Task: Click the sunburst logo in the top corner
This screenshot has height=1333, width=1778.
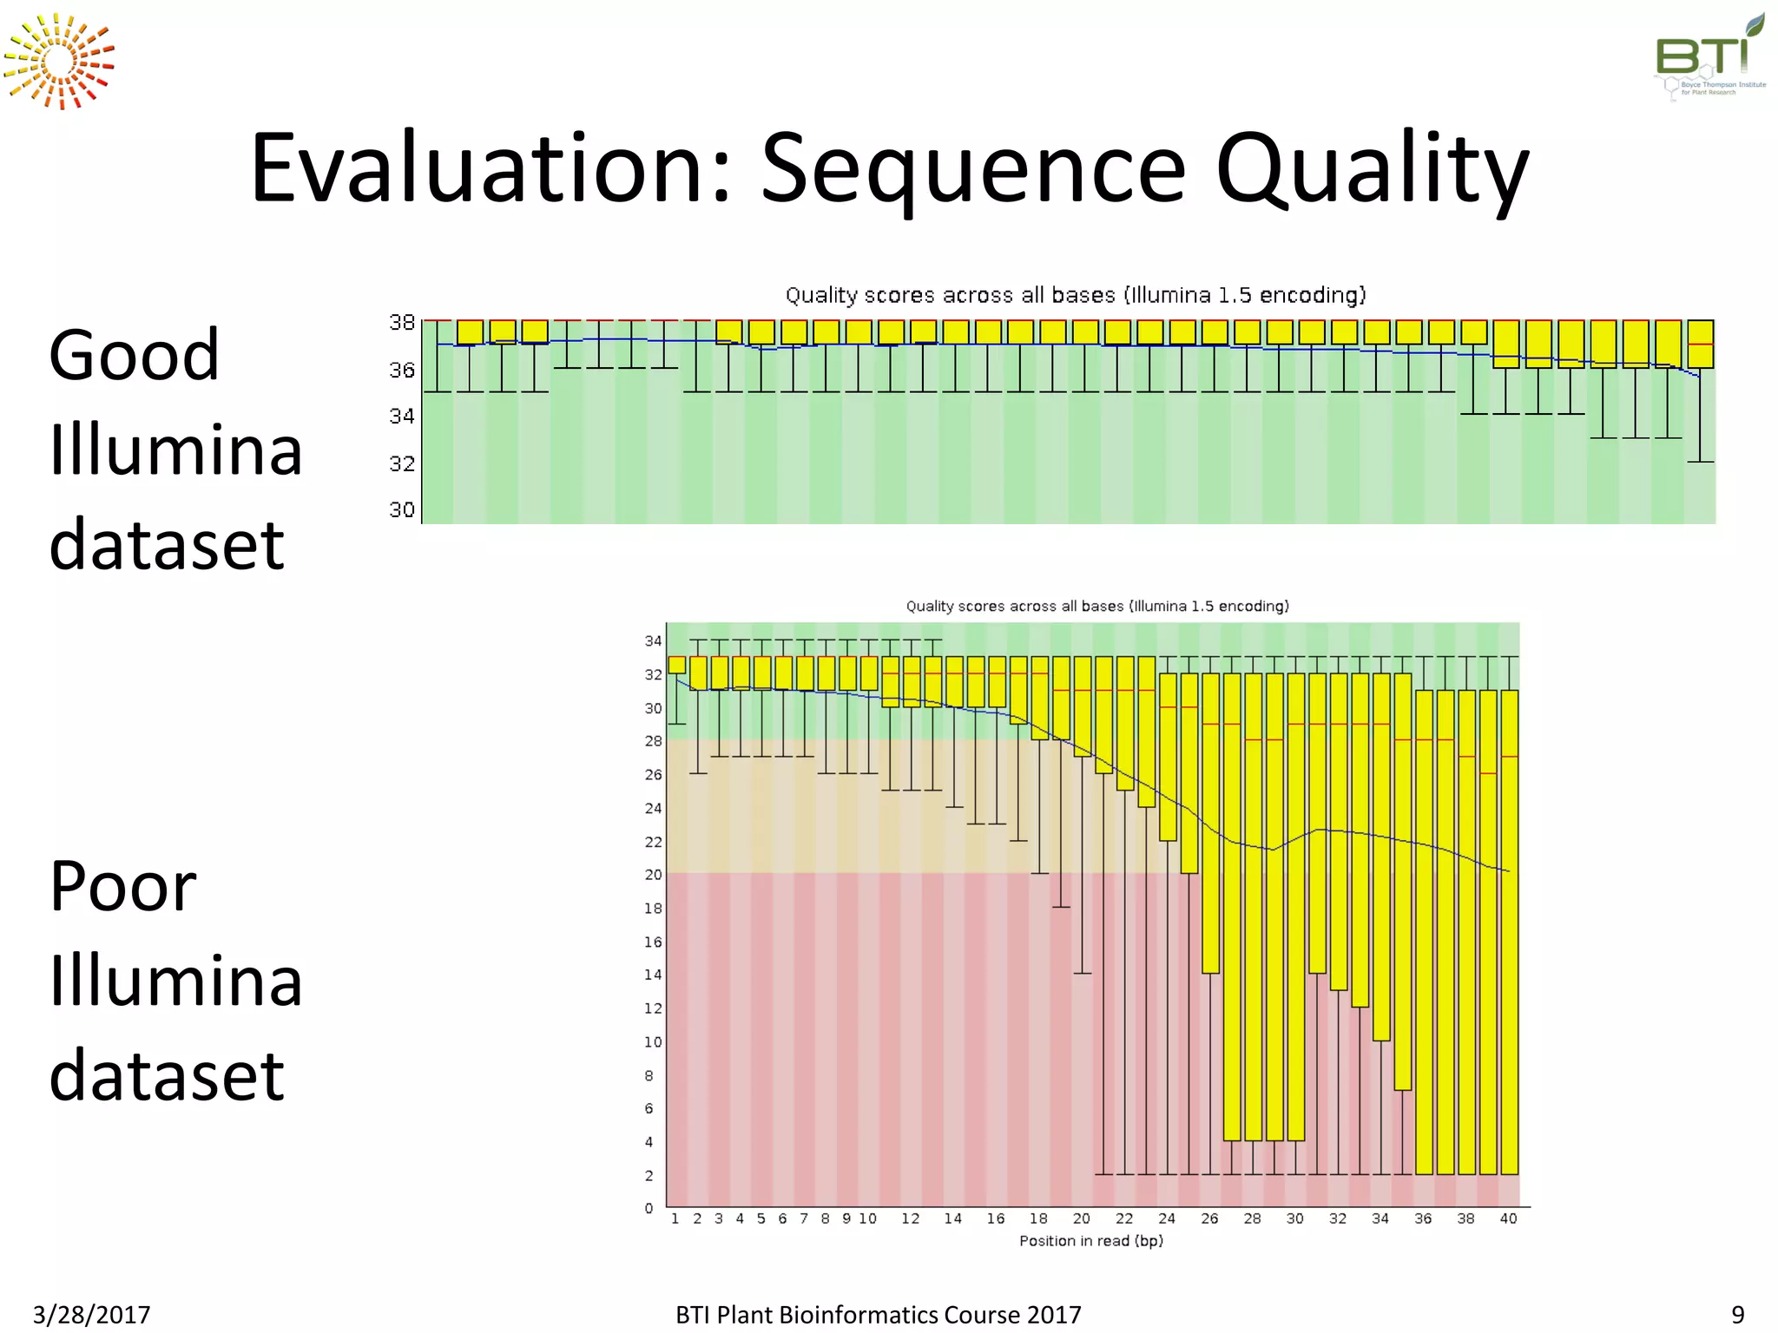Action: pyautogui.click(x=58, y=62)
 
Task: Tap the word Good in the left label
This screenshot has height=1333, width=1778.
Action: pyautogui.click(x=134, y=355)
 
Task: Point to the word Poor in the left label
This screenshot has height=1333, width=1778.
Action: pyautogui.click(x=122, y=886)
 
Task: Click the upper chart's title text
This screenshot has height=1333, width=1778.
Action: pyautogui.click(x=1076, y=295)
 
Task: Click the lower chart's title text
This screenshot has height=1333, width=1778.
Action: pyautogui.click(x=1097, y=606)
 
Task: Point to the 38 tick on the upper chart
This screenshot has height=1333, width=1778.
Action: pyautogui.click(x=402, y=323)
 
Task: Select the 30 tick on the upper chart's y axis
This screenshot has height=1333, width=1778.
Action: pyautogui.click(x=402, y=509)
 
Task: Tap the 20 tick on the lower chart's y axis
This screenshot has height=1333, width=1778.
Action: pyautogui.click(x=653, y=875)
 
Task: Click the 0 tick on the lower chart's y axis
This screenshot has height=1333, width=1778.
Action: pyautogui.click(x=649, y=1208)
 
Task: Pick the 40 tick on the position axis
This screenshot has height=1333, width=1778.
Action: pyautogui.click(x=1509, y=1218)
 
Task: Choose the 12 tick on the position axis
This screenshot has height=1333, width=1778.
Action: pyautogui.click(x=910, y=1218)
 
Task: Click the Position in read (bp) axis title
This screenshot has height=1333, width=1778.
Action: pyautogui.click(x=1091, y=1241)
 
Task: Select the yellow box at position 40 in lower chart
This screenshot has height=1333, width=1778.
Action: pyautogui.click(x=1510, y=932)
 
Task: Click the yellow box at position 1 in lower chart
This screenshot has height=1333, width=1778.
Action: pyautogui.click(x=677, y=665)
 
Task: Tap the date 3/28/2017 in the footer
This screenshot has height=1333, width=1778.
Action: pyautogui.click(x=92, y=1315)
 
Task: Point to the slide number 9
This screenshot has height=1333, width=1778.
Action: pyautogui.click(x=1738, y=1315)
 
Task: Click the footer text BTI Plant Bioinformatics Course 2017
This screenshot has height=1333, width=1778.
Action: pyautogui.click(x=879, y=1315)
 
